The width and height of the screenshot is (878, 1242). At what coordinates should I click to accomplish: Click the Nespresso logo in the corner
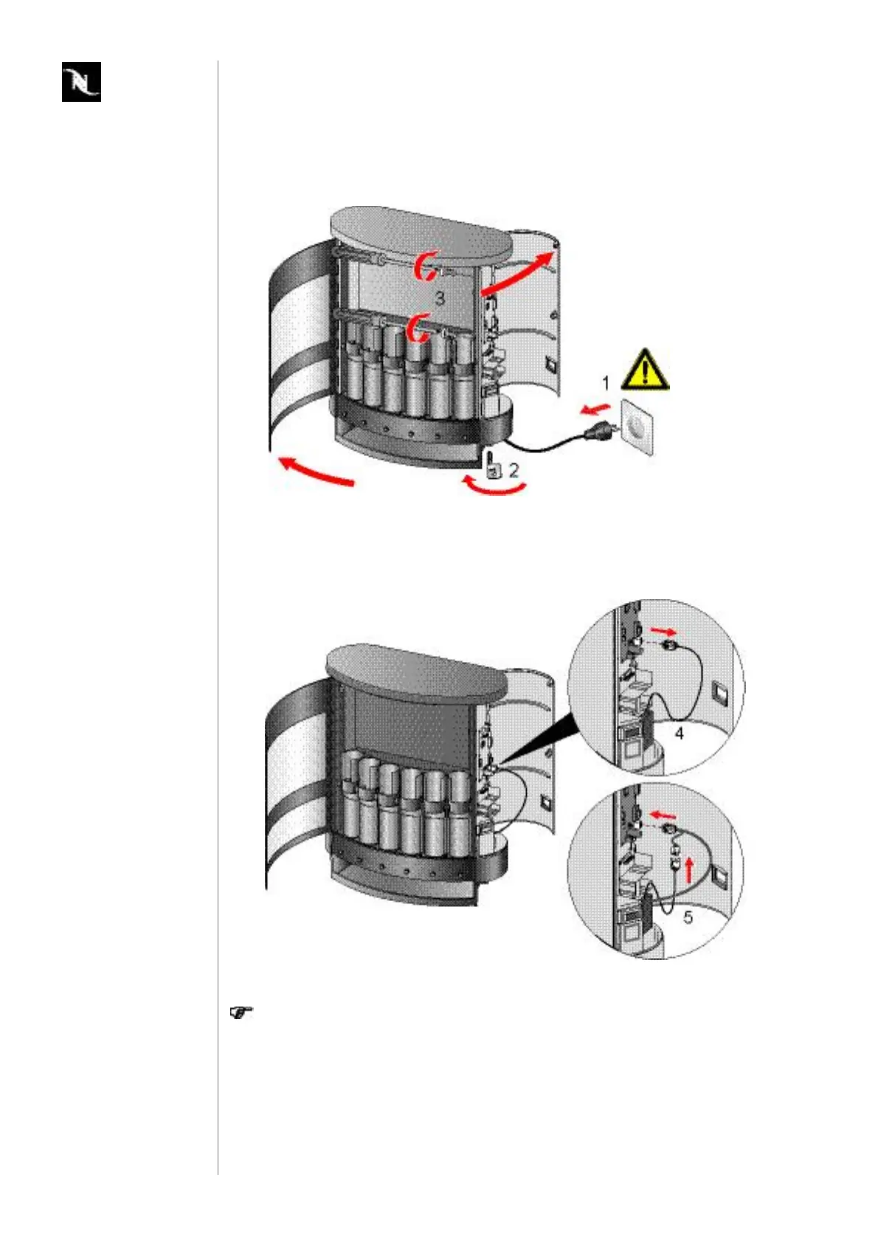tap(81, 82)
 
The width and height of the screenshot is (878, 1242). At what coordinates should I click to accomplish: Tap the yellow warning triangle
tap(645, 370)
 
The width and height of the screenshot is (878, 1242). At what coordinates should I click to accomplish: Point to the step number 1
tap(606, 384)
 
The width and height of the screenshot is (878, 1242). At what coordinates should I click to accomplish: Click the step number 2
tap(514, 469)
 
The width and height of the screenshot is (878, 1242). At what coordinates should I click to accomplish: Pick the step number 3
tap(440, 298)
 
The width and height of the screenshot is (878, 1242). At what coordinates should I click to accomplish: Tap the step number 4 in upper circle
tap(680, 734)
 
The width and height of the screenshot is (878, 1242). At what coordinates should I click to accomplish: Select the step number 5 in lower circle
tap(688, 917)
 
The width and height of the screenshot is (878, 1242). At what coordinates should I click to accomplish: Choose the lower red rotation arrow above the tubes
tap(421, 327)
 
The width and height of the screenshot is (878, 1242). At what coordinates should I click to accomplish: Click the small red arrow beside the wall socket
tap(594, 408)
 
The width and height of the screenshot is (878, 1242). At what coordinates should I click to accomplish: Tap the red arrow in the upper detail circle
tap(662, 632)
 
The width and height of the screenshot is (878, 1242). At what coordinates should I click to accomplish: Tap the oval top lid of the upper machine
tap(421, 234)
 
